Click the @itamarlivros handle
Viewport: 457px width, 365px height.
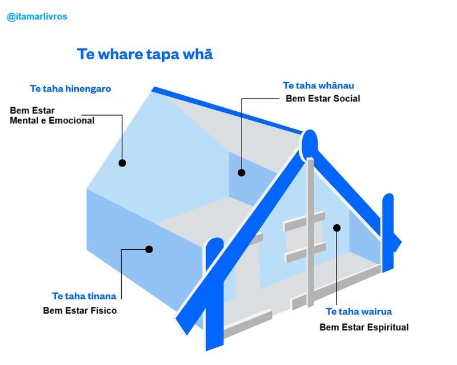coord(37,17)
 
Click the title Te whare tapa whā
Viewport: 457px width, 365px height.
coord(145,54)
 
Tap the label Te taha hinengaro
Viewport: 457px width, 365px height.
coord(70,89)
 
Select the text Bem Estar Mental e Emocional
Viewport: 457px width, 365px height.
coord(52,116)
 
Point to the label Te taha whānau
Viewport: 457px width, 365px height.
coord(319,86)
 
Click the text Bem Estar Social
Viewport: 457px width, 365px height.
coord(323,99)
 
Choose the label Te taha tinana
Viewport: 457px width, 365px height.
coord(84,296)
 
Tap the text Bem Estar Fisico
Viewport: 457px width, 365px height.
coord(80,311)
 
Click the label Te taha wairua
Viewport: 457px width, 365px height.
coord(359,311)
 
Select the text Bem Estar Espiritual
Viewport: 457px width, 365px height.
coord(364,327)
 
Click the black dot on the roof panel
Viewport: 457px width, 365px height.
coord(122,163)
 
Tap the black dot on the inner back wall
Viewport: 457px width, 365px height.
coord(241,173)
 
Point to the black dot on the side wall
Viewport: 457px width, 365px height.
coord(149,249)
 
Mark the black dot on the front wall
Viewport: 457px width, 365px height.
coord(336,228)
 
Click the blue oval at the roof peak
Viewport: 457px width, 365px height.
coord(309,145)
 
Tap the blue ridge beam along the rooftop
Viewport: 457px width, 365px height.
coord(227,111)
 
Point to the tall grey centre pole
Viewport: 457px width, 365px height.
coord(311,232)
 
